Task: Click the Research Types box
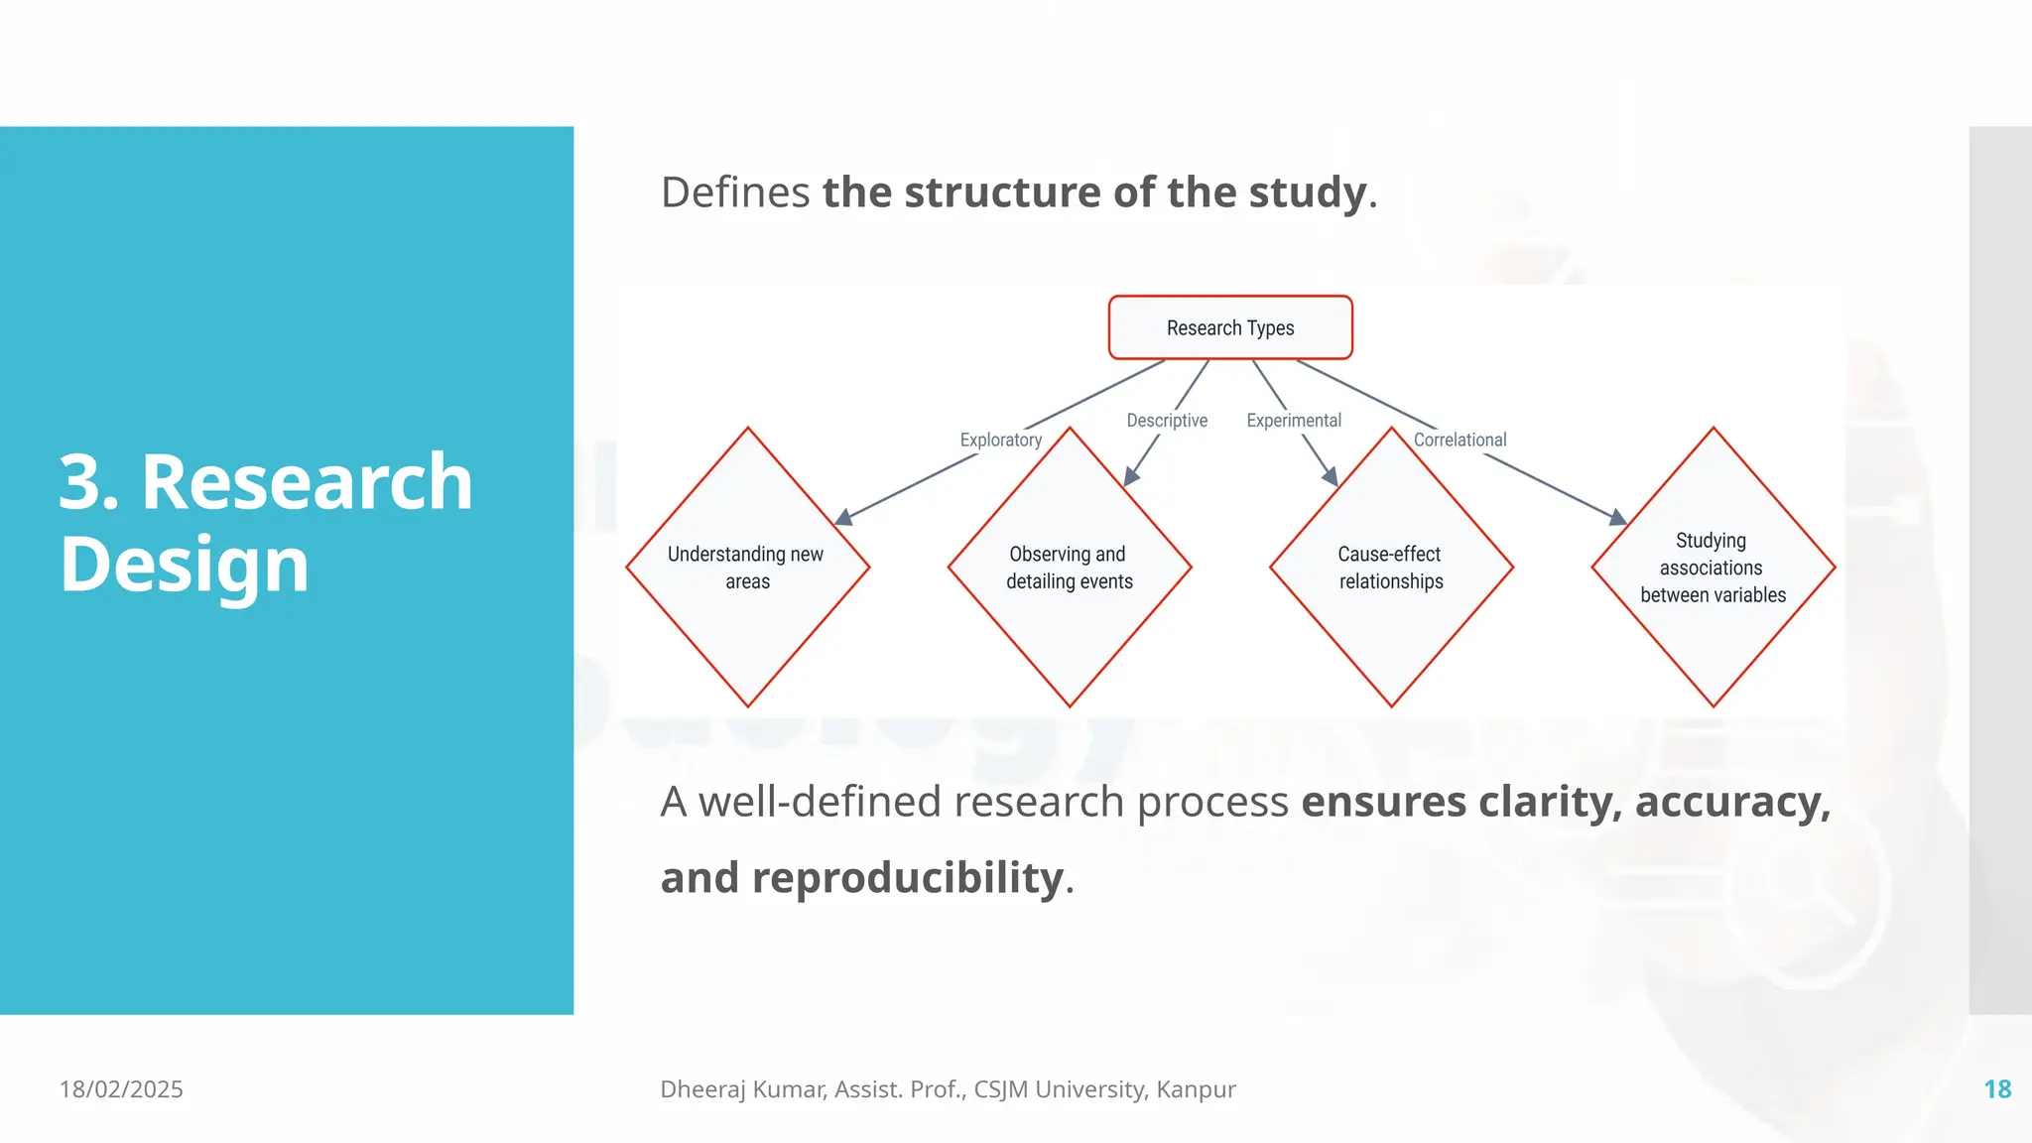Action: tap(1230, 327)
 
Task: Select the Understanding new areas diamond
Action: tap(747, 568)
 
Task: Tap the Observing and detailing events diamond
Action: tap(1069, 568)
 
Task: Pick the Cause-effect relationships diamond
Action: tap(1391, 568)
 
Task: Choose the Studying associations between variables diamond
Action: tap(1713, 568)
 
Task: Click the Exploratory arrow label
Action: tap(1000, 440)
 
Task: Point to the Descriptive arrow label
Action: tap(1167, 421)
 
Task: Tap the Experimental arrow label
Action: tap(1294, 421)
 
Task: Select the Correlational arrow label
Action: tap(1460, 440)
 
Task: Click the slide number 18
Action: tap(1996, 1089)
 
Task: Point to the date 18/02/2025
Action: tap(121, 1089)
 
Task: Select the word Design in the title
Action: tap(185, 566)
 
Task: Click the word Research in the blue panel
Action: tap(307, 483)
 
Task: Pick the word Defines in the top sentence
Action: tap(735, 192)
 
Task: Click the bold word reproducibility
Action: tap(907, 878)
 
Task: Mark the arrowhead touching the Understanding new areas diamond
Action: tap(844, 517)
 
